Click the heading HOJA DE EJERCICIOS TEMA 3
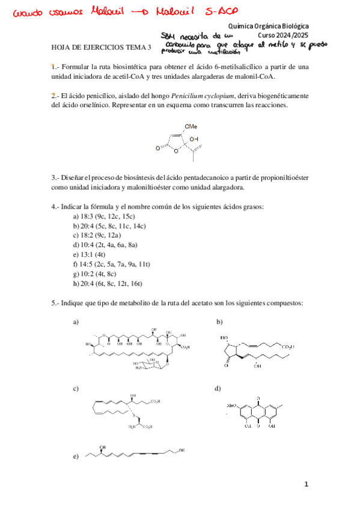(102, 48)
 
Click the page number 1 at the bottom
(306, 484)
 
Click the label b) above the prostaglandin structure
(220, 322)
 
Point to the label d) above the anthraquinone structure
(218, 389)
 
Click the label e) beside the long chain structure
(76, 457)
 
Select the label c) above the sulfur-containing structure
(76, 389)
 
